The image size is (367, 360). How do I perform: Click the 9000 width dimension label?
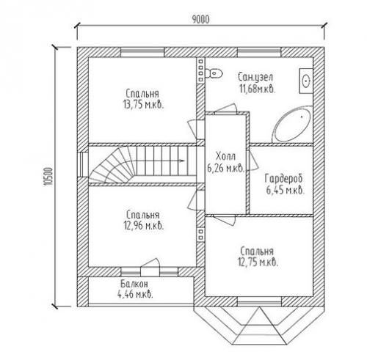click(x=200, y=20)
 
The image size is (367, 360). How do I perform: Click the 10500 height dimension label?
click(x=48, y=177)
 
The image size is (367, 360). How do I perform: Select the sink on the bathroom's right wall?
click(x=306, y=81)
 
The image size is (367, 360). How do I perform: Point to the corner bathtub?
click(x=292, y=125)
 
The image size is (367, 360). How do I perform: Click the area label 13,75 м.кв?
click(x=143, y=105)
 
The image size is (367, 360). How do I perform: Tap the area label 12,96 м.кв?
click(x=143, y=226)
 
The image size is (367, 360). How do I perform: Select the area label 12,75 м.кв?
click(x=258, y=262)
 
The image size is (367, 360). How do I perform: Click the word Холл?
click(x=225, y=156)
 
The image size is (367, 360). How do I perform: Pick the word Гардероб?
click(x=284, y=178)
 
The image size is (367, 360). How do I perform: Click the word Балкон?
click(x=134, y=284)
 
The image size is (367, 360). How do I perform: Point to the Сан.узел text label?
click(x=255, y=77)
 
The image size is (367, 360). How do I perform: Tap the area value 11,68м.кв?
click(x=258, y=89)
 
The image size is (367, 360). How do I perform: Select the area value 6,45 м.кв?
click(x=286, y=190)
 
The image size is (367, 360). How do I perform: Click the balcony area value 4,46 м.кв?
click(x=135, y=294)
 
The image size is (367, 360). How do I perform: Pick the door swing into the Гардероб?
click(x=252, y=161)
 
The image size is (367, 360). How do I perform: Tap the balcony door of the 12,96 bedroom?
click(x=150, y=266)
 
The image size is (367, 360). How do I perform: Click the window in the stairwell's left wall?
click(x=83, y=164)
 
